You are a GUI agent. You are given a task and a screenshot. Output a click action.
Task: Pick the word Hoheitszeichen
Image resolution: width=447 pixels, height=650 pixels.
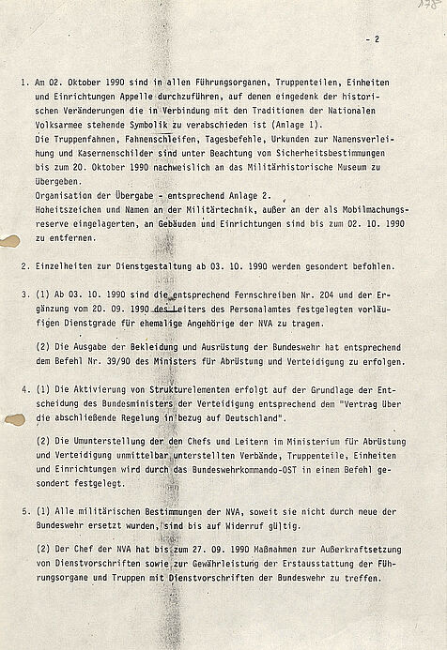[x=65, y=225]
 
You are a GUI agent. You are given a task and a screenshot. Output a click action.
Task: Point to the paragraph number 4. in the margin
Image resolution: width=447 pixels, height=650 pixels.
[x=23, y=388]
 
